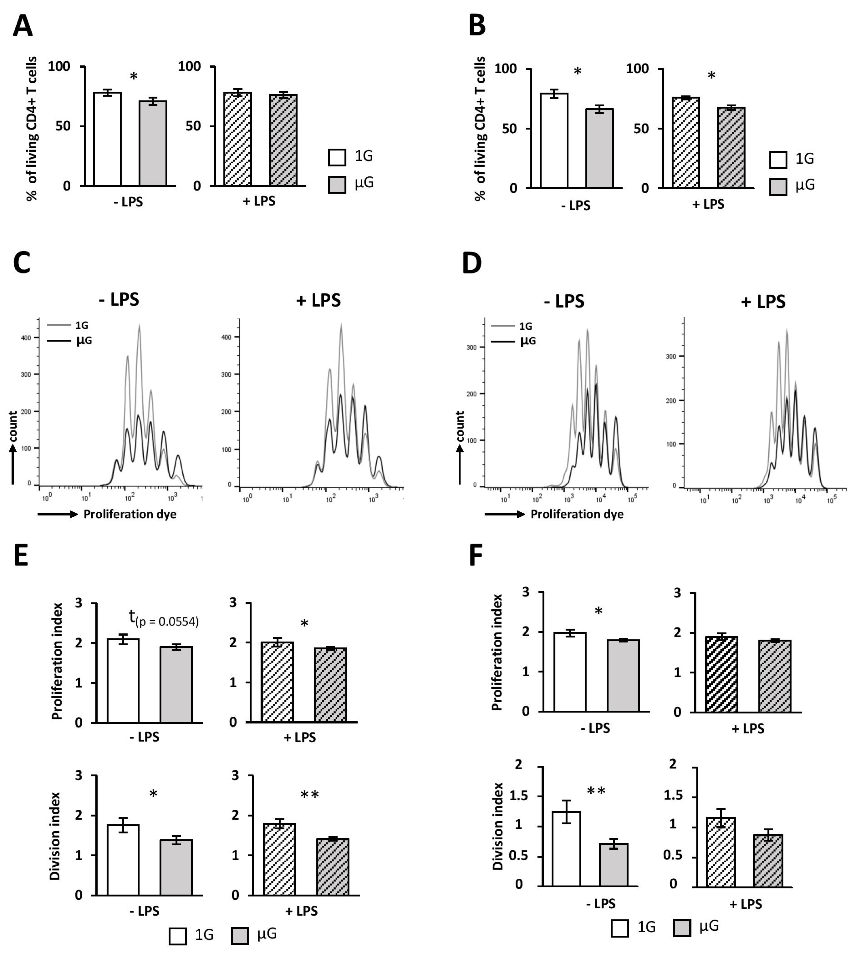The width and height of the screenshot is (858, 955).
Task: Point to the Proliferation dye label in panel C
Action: pyautogui.click(x=130, y=514)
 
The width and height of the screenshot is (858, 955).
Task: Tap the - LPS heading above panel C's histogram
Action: pyautogui.click(x=119, y=299)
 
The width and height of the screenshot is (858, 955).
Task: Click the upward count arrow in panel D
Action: pyautogui.click(x=460, y=464)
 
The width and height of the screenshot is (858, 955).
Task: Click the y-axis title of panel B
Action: pyautogui.click(x=480, y=129)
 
